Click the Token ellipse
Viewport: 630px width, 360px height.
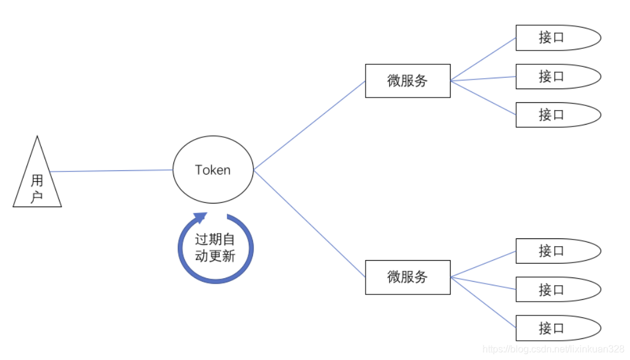[213, 170]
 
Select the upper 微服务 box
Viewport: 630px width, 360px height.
[408, 81]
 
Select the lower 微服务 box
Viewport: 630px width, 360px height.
[408, 277]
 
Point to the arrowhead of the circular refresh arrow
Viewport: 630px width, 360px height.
[199, 217]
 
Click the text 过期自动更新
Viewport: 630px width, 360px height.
[215, 247]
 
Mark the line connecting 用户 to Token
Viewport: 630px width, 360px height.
[111, 171]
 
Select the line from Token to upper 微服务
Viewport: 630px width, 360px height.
[310, 125]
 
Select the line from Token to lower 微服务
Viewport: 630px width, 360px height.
[310, 223]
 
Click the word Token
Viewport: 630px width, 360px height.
[213, 170]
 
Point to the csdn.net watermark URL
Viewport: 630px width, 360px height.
[554, 349]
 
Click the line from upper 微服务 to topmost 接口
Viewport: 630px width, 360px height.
[483, 59]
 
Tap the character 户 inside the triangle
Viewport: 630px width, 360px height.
[37, 196]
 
